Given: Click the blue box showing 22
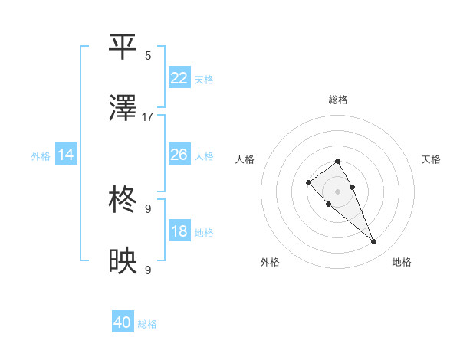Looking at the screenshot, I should coord(179,78).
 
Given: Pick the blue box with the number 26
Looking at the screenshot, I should coord(179,155).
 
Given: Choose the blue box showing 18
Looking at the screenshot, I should coord(179,231).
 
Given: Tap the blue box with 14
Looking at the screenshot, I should coord(66,155).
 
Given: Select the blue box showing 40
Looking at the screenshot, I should coord(123,323).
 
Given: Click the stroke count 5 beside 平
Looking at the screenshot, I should coord(148,55).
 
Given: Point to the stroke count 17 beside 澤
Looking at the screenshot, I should coord(148,117).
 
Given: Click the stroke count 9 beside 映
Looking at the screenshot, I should coord(148,270).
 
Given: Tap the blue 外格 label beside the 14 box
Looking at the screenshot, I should coord(41,156).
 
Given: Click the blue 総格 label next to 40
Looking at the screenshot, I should coord(147,324).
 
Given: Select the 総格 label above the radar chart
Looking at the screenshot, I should coord(338,100).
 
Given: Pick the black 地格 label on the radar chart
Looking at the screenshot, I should coord(402,262).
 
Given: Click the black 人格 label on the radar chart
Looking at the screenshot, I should coord(245,159).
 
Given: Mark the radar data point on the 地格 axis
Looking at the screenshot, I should coord(373,242).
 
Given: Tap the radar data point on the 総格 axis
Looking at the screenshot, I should coord(337,161).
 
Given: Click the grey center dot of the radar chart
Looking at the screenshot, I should coord(337,191).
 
